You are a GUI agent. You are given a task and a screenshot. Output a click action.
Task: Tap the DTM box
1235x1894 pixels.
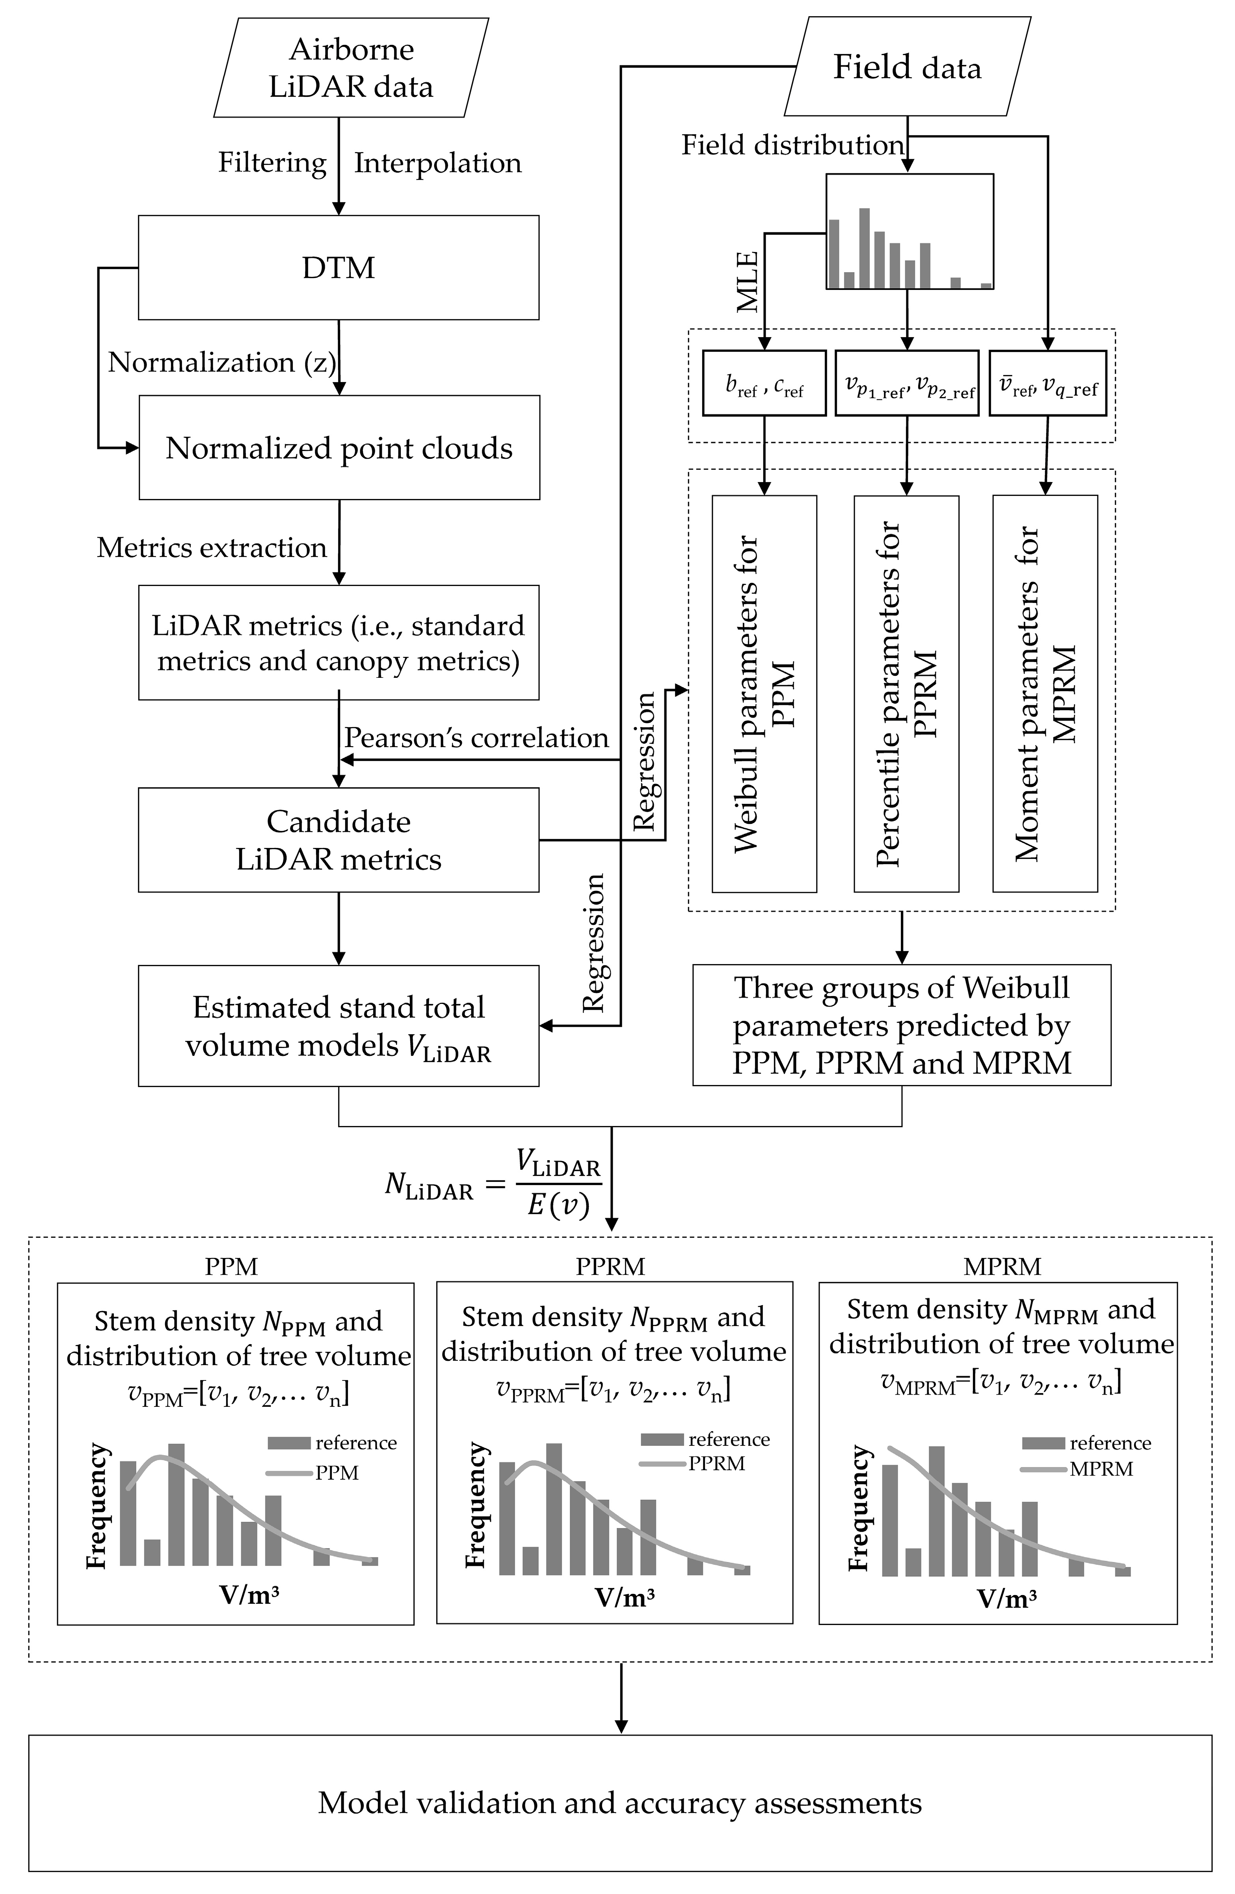click(339, 267)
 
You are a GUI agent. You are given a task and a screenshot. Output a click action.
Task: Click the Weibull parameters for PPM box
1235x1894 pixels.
click(764, 693)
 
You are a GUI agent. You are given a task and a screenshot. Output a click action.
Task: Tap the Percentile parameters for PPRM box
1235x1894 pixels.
click(906, 693)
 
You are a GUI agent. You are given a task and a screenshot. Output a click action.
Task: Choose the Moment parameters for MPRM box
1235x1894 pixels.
click(1045, 693)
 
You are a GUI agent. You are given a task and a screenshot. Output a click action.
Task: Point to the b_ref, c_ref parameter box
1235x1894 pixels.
click(764, 384)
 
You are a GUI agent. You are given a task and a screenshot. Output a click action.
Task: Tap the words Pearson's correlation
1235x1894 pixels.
click(476, 738)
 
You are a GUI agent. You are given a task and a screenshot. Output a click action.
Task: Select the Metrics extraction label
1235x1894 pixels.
click(212, 547)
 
